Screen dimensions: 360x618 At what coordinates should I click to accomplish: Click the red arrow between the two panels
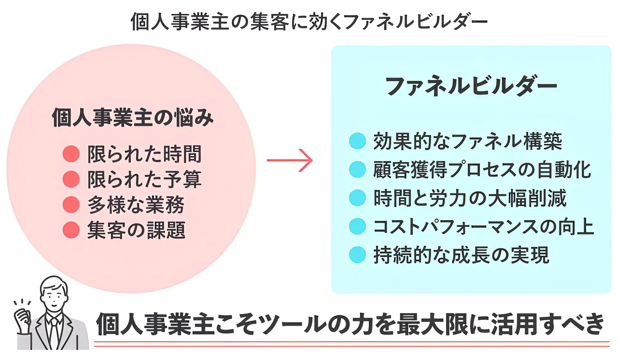tap(290, 160)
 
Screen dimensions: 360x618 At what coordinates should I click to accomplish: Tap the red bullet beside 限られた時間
tap(71, 154)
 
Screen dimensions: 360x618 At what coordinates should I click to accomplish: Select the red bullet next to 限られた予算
tap(71, 179)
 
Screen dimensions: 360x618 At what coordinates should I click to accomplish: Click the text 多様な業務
tap(136, 205)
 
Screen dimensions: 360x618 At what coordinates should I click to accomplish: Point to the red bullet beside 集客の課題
tap(71, 230)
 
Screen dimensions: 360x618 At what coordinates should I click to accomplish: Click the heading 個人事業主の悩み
tap(132, 118)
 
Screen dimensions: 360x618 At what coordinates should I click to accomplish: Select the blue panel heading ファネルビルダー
tap(471, 86)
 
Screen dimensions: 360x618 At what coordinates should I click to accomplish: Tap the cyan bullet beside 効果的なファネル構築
tap(357, 141)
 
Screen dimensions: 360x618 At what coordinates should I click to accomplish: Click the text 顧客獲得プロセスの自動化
tap(482, 170)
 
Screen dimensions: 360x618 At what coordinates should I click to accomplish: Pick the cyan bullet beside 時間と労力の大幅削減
tap(357, 198)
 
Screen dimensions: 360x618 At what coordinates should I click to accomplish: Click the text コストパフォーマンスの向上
tap(483, 226)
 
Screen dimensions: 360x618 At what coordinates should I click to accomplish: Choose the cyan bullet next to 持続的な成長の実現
tap(357, 255)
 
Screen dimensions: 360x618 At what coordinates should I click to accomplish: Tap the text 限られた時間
tap(145, 154)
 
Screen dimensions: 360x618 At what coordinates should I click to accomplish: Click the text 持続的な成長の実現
tap(461, 255)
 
